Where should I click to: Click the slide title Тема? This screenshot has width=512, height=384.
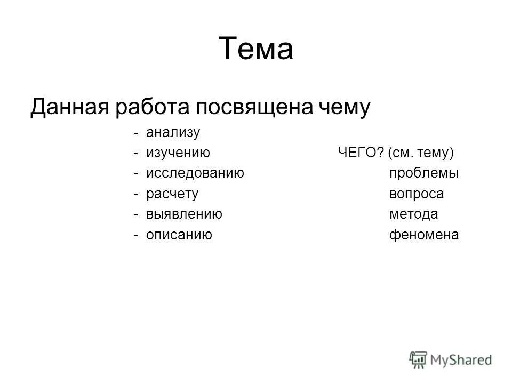[x=256, y=49]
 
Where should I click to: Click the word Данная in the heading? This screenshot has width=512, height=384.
[x=71, y=107]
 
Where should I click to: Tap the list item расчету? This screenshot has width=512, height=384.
[x=172, y=194]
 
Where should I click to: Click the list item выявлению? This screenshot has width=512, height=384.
[x=184, y=214]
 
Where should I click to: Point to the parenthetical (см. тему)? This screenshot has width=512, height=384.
[x=421, y=154]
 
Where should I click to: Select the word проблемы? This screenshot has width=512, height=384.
[x=424, y=174]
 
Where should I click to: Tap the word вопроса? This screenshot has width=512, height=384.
[x=417, y=194]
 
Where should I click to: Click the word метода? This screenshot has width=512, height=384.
[x=413, y=214]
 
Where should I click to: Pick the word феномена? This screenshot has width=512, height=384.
[x=424, y=235]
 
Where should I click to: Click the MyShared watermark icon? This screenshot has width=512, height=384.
[x=419, y=359]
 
